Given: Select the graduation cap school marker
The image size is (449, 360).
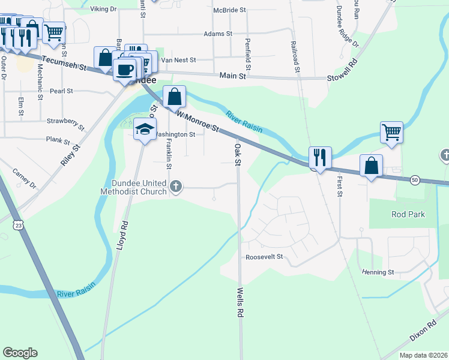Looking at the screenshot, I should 145,129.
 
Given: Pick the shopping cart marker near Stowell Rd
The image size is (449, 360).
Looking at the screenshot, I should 391,131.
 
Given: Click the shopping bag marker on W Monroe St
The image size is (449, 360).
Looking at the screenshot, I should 174,96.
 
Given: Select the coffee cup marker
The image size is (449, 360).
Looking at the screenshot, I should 125,70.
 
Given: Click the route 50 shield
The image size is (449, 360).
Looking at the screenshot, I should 414,179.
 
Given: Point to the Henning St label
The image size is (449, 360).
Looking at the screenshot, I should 377,272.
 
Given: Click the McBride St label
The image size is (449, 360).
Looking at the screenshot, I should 229,10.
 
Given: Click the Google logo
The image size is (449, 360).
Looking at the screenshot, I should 20,353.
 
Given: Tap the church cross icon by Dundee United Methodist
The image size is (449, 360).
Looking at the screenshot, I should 176,187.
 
